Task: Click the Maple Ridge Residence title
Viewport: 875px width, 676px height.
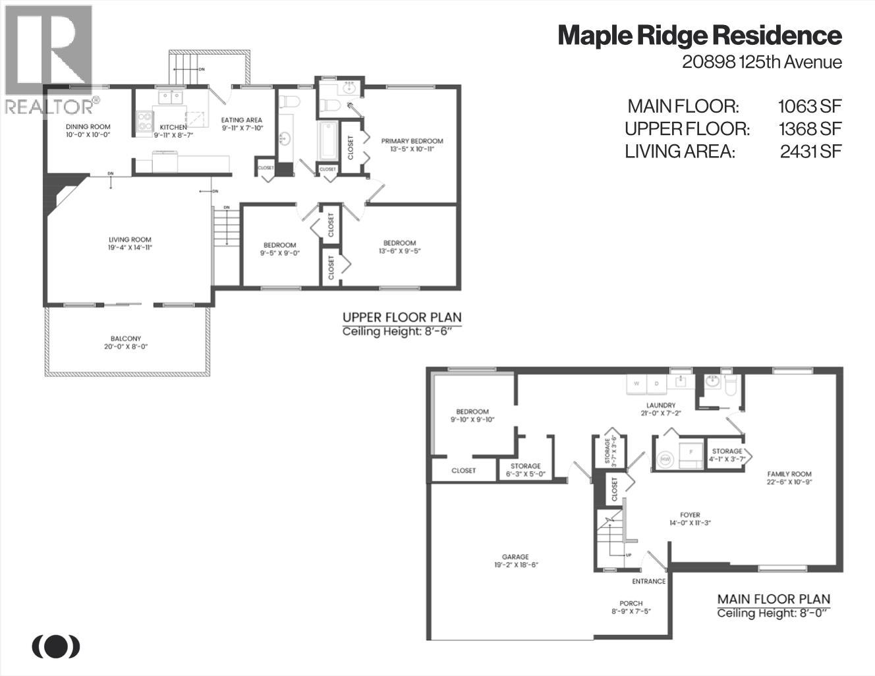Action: (699, 36)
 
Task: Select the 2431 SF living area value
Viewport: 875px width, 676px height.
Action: (810, 151)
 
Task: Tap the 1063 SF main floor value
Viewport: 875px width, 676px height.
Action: (810, 106)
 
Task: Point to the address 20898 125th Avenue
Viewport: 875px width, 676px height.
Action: (762, 62)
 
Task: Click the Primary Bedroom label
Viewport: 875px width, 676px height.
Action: (412, 141)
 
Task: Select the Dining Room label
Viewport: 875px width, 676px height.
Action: (88, 127)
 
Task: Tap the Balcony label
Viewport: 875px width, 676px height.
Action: (126, 339)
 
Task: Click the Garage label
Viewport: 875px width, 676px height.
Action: (516, 557)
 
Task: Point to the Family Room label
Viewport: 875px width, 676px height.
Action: (789, 474)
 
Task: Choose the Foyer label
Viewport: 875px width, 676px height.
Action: (690, 515)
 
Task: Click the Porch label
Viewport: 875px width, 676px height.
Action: (631, 604)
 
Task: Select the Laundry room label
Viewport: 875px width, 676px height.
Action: (660, 405)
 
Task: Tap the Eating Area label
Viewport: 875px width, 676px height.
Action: (242, 120)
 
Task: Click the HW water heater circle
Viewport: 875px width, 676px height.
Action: (665, 459)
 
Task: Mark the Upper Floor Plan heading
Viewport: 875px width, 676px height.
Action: (401, 317)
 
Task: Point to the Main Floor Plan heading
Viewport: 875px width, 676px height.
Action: (774, 599)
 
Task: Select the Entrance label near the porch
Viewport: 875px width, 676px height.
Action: (648, 581)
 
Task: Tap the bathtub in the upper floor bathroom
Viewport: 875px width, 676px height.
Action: (327, 140)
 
